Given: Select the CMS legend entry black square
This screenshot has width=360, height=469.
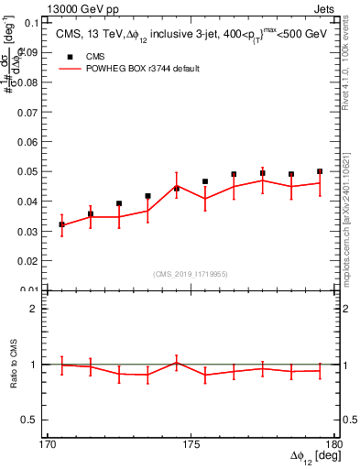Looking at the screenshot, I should [69, 57].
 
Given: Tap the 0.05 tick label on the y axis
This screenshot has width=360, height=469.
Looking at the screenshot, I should [28, 171].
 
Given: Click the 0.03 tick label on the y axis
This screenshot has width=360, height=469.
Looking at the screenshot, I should [28, 231].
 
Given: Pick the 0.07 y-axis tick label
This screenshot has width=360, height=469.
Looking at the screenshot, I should [28, 112].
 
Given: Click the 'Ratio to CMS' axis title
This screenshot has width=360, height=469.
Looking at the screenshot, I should [16, 364].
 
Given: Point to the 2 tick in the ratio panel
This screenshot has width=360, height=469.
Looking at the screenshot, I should [36, 309].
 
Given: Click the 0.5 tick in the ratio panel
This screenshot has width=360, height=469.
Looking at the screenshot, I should [32, 420].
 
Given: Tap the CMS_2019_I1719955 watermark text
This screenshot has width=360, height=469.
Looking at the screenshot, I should [191, 272].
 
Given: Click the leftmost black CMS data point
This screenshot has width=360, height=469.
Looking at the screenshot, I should [62, 224].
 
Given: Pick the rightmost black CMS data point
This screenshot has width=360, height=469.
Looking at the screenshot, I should [320, 171].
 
